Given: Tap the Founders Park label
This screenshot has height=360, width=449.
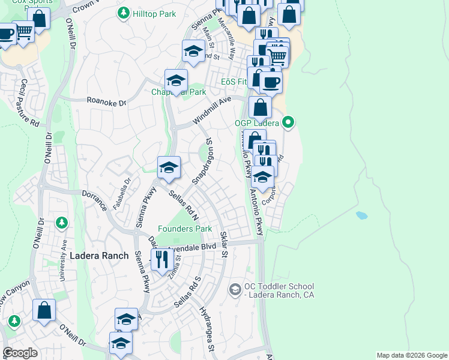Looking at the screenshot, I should click(x=185, y=229).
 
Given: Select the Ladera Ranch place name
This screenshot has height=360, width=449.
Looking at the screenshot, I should click(x=99, y=256).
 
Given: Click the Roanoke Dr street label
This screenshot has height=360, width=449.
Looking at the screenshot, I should click(x=107, y=103).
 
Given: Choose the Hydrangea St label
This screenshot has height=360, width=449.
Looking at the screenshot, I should click(x=208, y=329).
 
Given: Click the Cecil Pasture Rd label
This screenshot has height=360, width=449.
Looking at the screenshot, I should click(x=30, y=103).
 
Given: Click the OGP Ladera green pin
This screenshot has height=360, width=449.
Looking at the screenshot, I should click(x=288, y=123).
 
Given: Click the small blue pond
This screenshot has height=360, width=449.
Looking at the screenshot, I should click(x=361, y=215).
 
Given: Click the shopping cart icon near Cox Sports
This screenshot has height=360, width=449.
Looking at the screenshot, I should click(x=23, y=32).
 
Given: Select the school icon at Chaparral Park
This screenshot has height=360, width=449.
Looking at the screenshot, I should click(x=176, y=80).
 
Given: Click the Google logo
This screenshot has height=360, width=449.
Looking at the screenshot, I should click(x=20, y=353).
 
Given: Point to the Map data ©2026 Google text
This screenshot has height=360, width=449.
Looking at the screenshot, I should click(x=412, y=355).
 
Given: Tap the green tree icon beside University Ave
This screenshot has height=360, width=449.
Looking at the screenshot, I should click(x=61, y=223).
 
